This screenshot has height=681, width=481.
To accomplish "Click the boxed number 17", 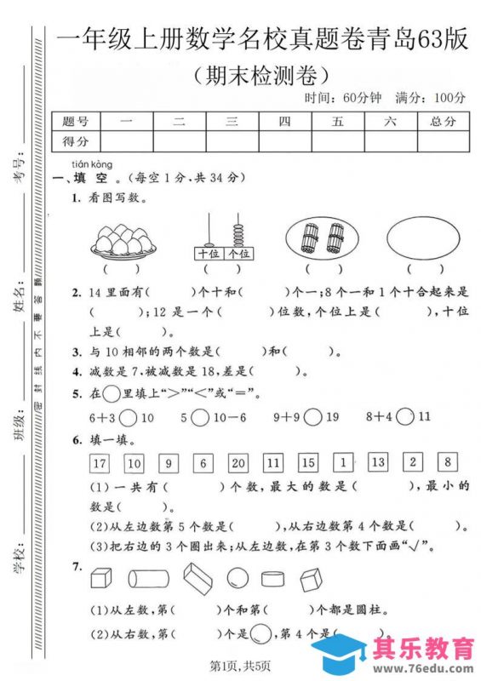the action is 100,464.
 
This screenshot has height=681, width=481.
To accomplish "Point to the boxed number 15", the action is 307,464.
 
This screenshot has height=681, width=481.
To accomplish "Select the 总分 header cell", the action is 444,122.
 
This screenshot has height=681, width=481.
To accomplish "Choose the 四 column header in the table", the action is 284,122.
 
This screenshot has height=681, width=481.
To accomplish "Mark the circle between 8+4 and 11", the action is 406,417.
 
